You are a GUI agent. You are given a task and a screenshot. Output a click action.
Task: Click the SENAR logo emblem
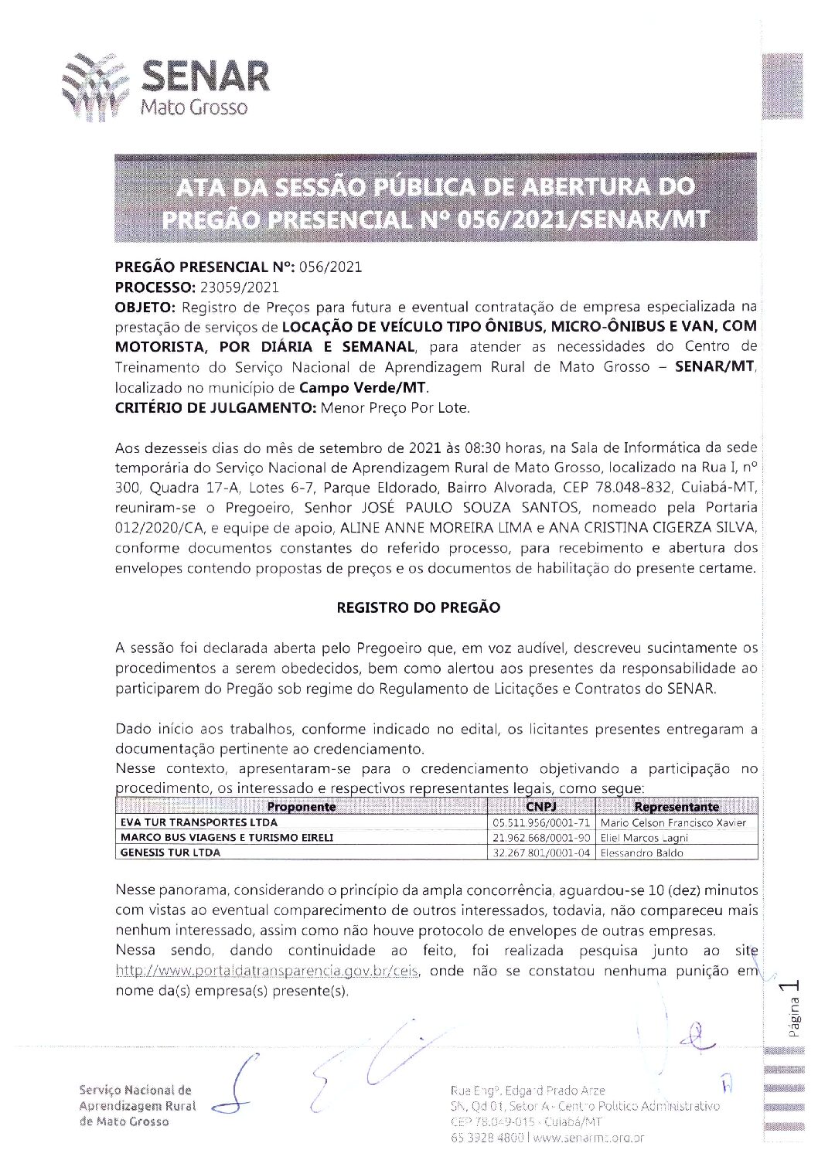(x=93, y=87)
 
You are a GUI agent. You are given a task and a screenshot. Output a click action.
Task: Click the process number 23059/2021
(x=239, y=288)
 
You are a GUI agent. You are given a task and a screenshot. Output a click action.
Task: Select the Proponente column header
(x=301, y=807)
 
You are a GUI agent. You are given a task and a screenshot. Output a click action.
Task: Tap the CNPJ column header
(x=541, y=807)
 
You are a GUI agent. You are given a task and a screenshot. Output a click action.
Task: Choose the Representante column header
(x=677, y=807)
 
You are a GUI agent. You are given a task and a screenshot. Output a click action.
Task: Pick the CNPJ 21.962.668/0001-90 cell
(x=541, y=838)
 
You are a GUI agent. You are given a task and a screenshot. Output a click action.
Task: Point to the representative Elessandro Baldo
(x=642, y=853)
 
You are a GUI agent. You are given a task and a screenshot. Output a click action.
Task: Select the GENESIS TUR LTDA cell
(x=171, y=852)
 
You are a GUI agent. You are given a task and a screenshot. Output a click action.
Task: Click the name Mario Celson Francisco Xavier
(x=673, y=822)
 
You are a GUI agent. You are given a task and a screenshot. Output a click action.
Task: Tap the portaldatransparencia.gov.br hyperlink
(x=268, y=971)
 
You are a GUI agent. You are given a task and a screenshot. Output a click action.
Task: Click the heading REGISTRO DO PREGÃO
(x=418, y=607)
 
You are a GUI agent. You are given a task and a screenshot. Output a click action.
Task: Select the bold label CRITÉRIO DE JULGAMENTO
(x=216, y=407)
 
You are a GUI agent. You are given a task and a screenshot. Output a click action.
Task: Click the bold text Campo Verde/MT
(x=363, y=387)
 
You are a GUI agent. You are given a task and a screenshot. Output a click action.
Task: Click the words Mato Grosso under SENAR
(x=193, y=107)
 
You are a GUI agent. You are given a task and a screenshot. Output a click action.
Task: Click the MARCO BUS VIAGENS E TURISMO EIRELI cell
(x=227, y=838)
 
